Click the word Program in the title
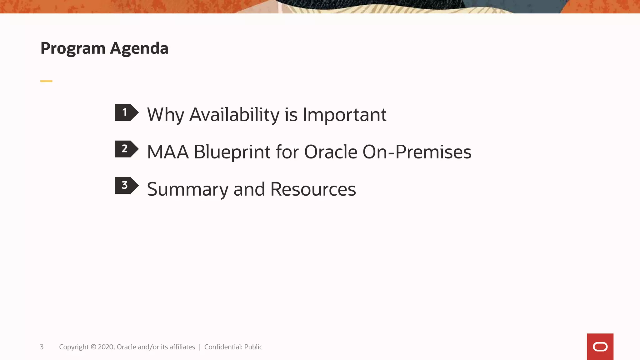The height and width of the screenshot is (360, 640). pos(73,49)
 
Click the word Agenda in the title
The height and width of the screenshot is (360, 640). pos(139,49)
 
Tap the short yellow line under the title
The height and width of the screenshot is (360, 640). pos(46,81)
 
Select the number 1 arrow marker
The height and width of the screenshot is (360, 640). pos(126,112)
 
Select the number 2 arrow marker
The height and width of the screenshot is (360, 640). pos(126,149)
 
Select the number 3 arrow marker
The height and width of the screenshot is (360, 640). pos(126,186)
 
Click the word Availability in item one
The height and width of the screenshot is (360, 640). pos(234,115)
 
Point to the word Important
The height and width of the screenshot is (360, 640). pos(344,115)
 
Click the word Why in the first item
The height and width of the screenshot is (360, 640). pos(165,115)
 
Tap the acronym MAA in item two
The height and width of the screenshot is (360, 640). pos(168,152)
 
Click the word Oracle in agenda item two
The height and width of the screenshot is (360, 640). pos(331,152)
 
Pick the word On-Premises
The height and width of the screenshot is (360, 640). pos(417,152)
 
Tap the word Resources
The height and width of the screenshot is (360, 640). pos(313,189)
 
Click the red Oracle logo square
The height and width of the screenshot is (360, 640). pos(600,347)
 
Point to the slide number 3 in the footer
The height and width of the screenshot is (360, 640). pos(42,347)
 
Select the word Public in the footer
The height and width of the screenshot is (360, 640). pos(253,347)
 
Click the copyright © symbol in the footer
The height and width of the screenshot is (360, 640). pos(93,347)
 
